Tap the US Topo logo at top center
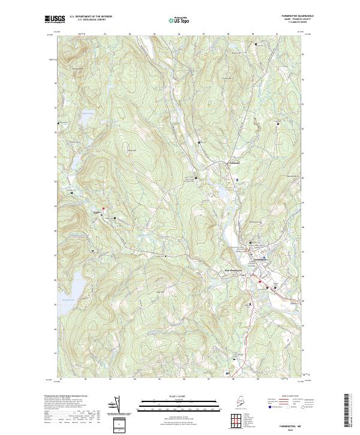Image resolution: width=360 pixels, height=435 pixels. (x=178, y=20)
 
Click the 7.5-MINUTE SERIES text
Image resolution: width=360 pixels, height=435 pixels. (x=304, y=23)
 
